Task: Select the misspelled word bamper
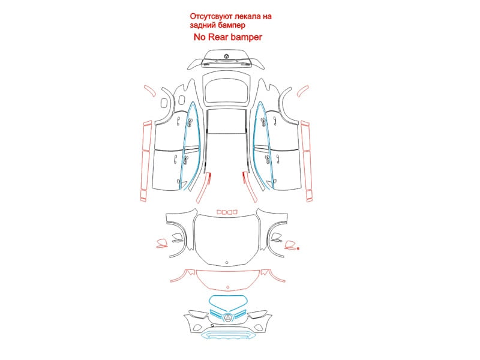pyautogui.click(x=246, y=37)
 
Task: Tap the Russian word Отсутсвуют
pyautogui.click(x=212, y=16)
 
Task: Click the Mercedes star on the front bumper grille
pyautogui.click(x=228, y=319)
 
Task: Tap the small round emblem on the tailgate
pyautogui.click(x=227, y=56)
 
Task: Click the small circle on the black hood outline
pyautogui.click(x=227, y=263)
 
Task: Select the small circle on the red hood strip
pyautogui.click(x=228, y=287)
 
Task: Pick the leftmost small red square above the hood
pyautogui.click(x=219, y=212)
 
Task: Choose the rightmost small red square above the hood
pyautogui.click(x=235, y=212)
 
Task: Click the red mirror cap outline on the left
pyautogui.click(x=161, y=244)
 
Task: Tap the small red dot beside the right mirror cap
pyautogui.click(x=298, y=248)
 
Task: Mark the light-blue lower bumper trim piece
pyautogui.click(x=228, y=335)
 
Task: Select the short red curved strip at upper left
pyautogui.click(x=149, y=91)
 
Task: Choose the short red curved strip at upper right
pyautogui.click(x=303, y=91)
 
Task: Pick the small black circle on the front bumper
pyautogui.click(x=212, y=326)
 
